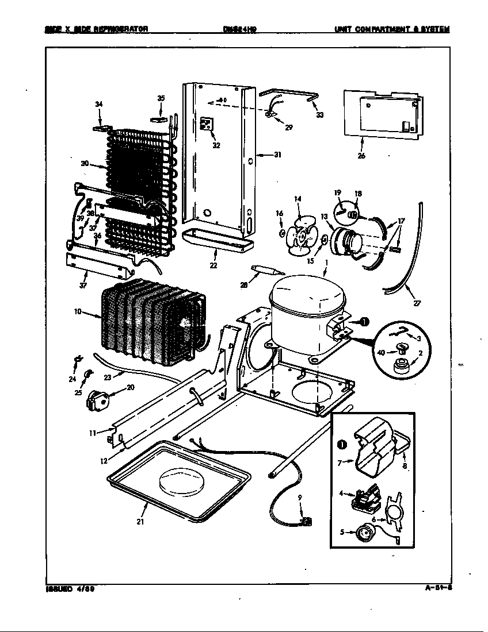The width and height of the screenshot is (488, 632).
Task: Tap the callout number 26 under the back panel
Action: [361, 155]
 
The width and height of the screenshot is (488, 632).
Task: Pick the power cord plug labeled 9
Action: [306, 521]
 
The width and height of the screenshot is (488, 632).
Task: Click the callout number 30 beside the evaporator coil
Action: [85, 164]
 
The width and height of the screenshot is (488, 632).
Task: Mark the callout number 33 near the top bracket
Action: [319, 115]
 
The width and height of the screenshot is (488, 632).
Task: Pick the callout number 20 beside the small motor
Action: [131, 387]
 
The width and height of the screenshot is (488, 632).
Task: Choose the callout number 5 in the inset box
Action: [342, 532]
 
